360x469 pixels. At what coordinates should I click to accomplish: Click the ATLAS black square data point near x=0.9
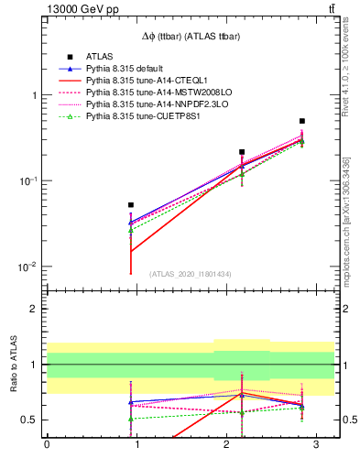(x=131, y=205)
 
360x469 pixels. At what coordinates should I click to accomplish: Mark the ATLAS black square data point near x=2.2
(x=242, y=152)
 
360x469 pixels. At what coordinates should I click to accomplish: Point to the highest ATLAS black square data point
(x=302, y=121)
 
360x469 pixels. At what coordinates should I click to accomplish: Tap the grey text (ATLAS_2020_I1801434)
(x=190, y=274)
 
